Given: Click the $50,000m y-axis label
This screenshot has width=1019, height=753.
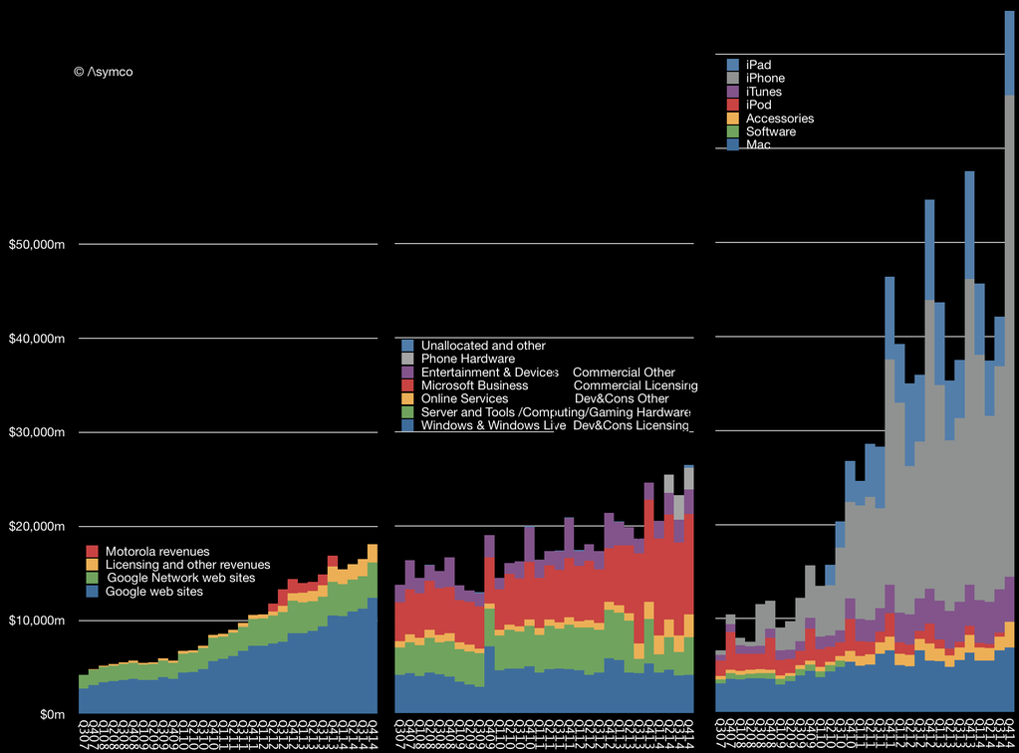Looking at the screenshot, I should (x=36, y=245).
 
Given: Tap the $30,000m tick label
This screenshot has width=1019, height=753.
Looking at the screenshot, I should (x=36, y=433).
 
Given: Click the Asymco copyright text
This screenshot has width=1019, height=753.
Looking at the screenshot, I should (x=104, y=72).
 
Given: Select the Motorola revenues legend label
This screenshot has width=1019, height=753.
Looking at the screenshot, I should (x=159, y=552).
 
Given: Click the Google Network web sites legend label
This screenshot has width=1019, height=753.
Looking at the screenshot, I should (x=181, y=578).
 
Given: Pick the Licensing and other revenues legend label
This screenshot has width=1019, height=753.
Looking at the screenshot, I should (x=189, y=565).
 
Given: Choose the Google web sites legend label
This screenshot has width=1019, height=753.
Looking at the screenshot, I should (x=155, y=592).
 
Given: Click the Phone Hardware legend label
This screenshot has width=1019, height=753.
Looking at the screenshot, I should (x=468, y=359).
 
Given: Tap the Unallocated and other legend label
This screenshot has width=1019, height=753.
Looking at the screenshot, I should (x=483, y=346).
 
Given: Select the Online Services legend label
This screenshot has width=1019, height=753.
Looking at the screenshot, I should (x=464, y=398).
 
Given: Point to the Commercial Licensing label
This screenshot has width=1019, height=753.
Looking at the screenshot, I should (x=636, y=385).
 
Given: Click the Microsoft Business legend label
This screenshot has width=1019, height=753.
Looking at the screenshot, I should (x=474, y=385).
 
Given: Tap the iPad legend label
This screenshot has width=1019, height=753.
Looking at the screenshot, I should (x=758, y=65).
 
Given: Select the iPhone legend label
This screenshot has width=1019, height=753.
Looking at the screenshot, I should (x=765, y=79).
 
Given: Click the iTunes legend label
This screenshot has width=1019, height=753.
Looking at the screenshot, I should (x=764, y=92).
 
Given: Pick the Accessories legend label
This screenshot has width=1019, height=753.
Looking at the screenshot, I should (x=779, y=119).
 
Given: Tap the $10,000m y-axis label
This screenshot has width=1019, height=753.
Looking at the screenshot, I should (x=36, y=622).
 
